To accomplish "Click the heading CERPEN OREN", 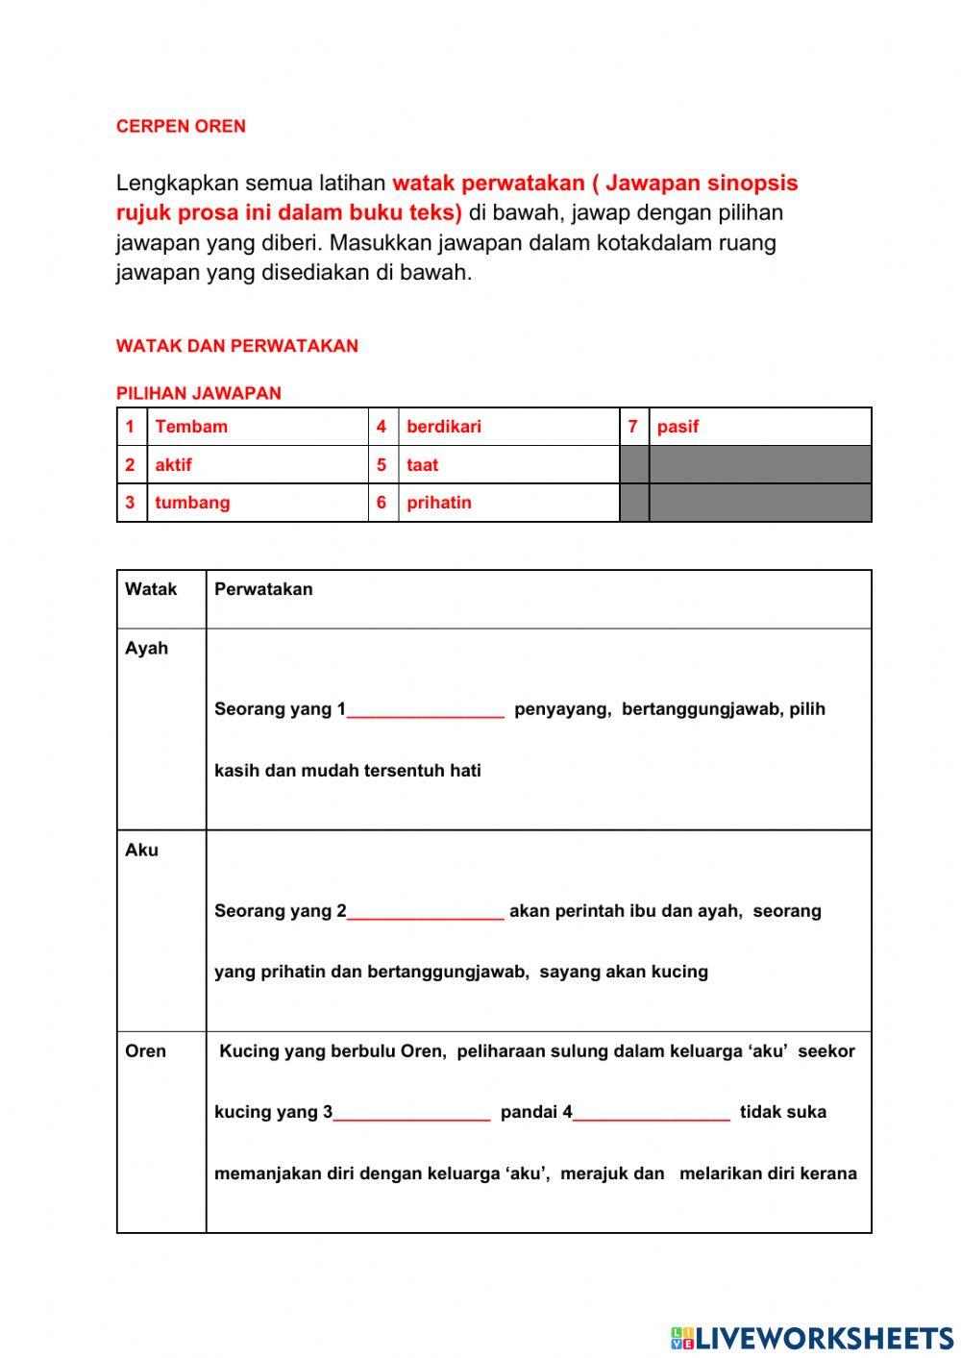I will [181, 126].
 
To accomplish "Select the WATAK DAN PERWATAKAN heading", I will [236, 346].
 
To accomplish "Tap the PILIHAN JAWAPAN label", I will [198, 393].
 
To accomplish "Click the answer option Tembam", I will [191, 427].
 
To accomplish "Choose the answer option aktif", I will [173, 465].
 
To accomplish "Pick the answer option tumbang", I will [192, 503].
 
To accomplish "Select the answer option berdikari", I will [443, 427].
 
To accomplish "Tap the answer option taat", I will [422, 465].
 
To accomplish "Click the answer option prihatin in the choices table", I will [438, 503].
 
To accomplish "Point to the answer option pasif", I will [678, 427].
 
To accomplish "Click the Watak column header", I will [151, 589].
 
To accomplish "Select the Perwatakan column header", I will [263, 589].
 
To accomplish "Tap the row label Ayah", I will [146, 649].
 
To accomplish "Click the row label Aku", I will [141, 850].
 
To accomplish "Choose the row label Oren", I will [145, 1050].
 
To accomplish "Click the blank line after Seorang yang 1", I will [426, 711].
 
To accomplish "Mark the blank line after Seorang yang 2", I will [426, 912].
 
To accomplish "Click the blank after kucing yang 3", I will [412, 1113].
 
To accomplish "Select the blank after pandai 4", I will [652, 1113].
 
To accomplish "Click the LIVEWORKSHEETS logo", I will [812, 1338].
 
